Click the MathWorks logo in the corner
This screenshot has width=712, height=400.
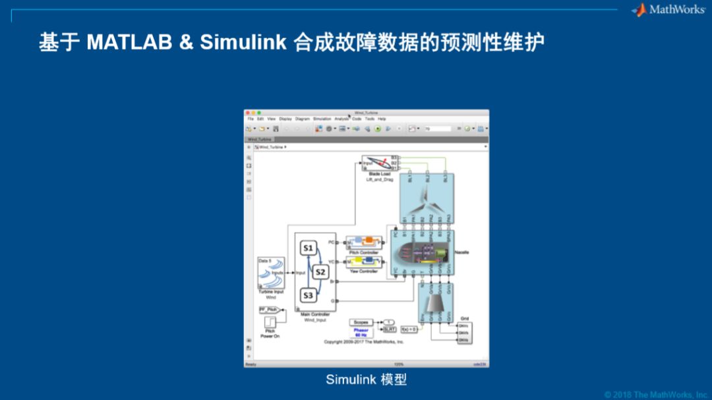(668, 9)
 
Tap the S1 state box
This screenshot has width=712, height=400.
(308, 248)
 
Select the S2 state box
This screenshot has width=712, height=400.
(320, 271)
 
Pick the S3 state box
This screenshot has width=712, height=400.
(308, 295)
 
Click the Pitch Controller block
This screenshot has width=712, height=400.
(364, 243)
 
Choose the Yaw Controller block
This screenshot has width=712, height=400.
(364, 262)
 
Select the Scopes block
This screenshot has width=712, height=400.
(361, 322)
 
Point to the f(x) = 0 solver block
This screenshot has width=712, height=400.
(409, 329)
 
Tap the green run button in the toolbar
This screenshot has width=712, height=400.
(378, 129)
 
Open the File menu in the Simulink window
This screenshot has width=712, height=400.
(251, 119)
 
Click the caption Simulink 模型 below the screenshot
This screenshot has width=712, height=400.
(366, 380)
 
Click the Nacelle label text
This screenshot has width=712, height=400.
(461, 252)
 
